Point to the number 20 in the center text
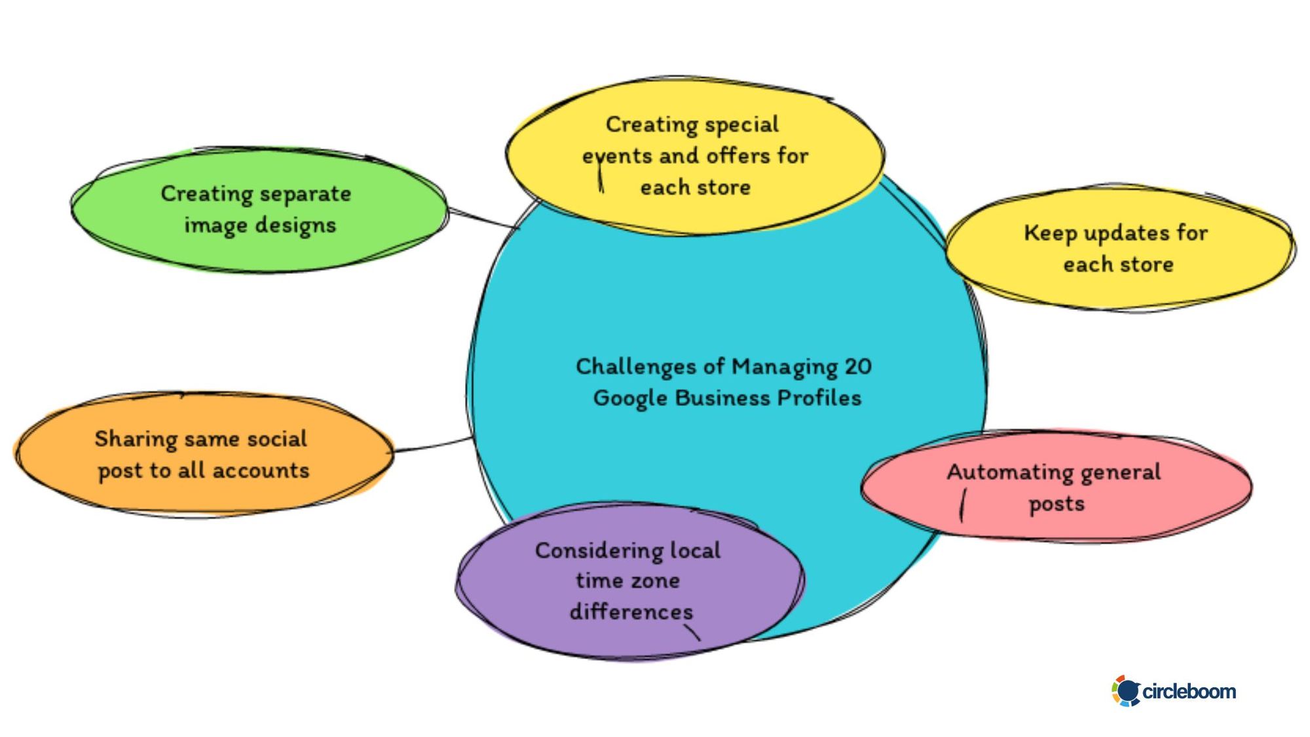pyautogui.click(x=857, y=367)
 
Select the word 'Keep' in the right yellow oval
pyautogui.click(x=1050, y=233)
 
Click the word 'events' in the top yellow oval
pyautogui.click(x=618, y=157)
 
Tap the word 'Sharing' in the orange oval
pyautogui.click(x=135, y=439)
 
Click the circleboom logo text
pyautogui.click(x=1189, y=691)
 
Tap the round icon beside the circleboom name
pyautogui.click(x=1126, y=691)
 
